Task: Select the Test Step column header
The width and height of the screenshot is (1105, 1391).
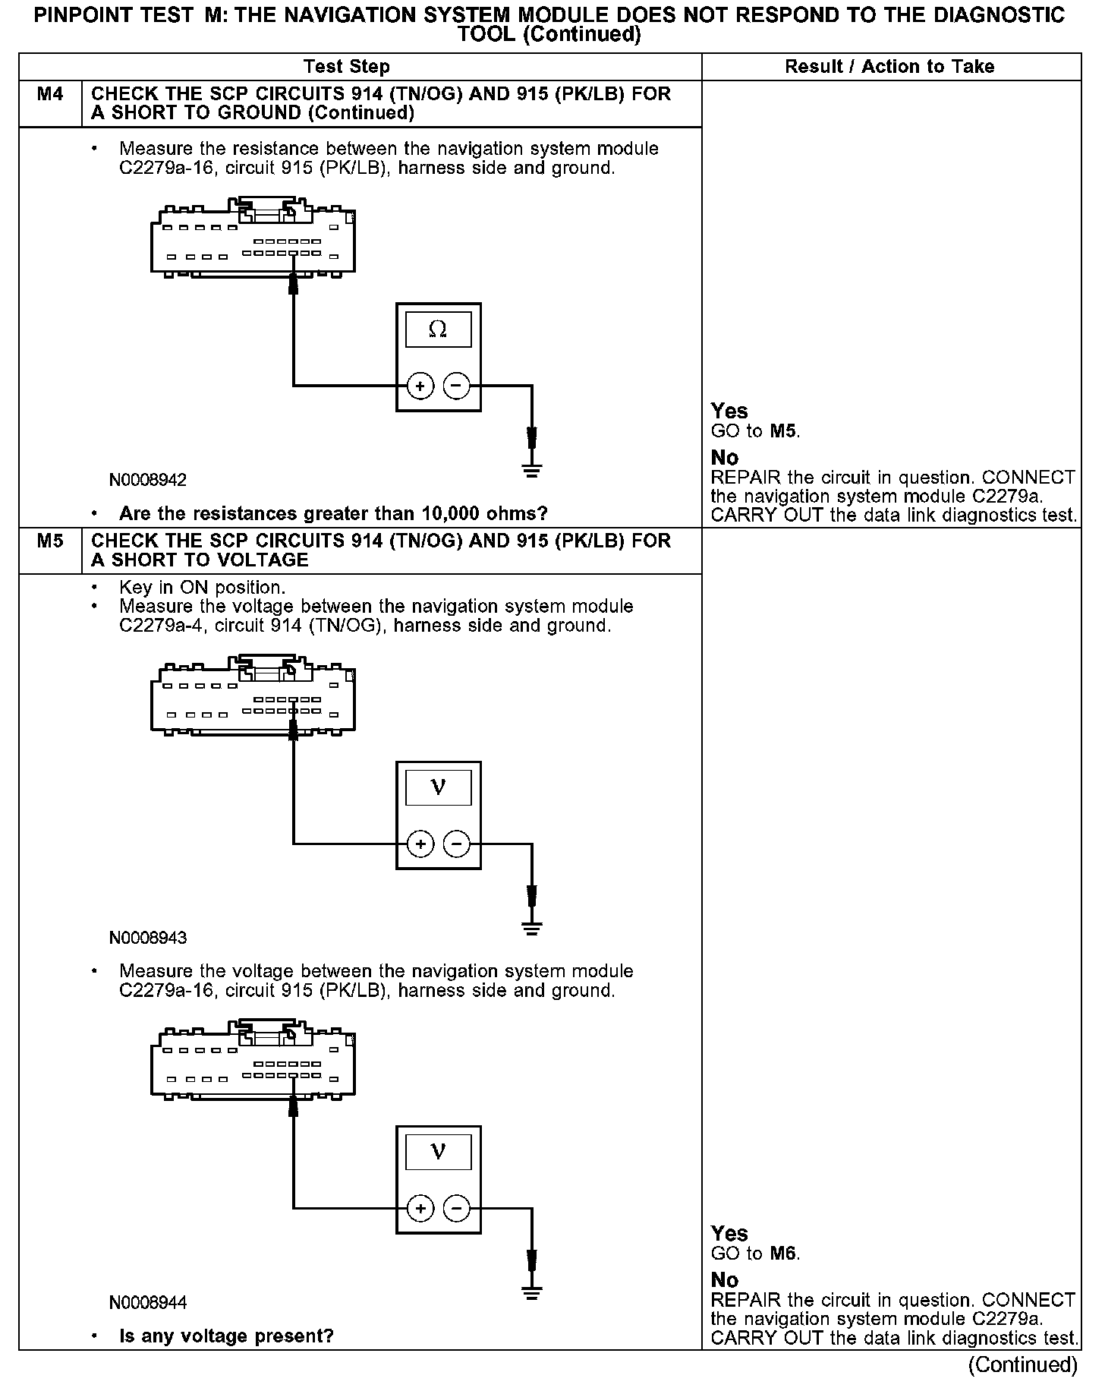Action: pos(347,67)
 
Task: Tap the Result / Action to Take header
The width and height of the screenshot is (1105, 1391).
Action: pos(889,67)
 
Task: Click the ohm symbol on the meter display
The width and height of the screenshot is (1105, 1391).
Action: pos(438,330)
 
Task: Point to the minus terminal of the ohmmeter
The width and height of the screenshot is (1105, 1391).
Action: pos(456,386)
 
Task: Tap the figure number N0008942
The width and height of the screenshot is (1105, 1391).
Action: pos(148,480)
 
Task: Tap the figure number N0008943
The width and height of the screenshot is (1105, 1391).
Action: pos(148,938)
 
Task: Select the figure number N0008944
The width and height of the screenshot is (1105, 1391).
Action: pos(148,1303)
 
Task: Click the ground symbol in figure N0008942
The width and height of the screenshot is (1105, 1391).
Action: pos(532,469)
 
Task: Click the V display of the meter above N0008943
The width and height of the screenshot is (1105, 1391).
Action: pos(438,787)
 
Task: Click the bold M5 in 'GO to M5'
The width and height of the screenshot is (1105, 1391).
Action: pos(783,432)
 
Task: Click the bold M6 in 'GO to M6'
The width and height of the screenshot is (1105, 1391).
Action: pos(783,1254)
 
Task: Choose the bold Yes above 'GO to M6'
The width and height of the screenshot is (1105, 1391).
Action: pos(729,1234)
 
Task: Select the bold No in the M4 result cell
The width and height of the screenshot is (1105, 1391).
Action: pos(725,458)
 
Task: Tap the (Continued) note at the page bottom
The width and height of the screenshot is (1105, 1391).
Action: pos(1022,1364)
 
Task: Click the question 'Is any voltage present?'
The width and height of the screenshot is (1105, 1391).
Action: pos(226,1336)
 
